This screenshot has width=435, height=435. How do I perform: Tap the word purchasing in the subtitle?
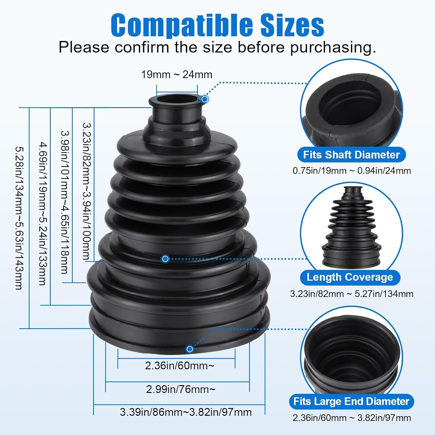(x=333, y=47)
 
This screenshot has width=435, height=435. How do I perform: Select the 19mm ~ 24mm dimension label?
(x=177, y=75)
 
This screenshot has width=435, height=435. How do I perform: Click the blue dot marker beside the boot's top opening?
(x=205, y=99)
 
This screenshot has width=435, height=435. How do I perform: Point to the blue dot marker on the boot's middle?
(x=165, y=258)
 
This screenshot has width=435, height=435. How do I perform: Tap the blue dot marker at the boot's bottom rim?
(x=190, y=349)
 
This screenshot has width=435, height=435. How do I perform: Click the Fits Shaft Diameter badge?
(x=351, y=155)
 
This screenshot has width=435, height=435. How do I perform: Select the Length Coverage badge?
(x=350, y=277)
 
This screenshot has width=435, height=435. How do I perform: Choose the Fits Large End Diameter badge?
(x=351, y=401)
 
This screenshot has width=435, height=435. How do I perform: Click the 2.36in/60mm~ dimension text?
(x=180, y=366)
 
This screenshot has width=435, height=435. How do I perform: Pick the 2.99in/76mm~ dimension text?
(x=181, y=389)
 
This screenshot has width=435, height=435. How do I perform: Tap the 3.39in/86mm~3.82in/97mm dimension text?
(x=186, y=412)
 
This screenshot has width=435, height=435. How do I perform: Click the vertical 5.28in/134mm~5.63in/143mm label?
(x=19, y=218)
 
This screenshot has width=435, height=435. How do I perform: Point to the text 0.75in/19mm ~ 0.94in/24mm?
(x=351, y=171)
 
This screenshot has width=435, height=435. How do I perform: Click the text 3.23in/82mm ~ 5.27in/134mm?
(x=351, y=294)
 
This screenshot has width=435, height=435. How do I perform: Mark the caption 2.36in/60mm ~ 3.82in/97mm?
(x=351, y=418)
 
